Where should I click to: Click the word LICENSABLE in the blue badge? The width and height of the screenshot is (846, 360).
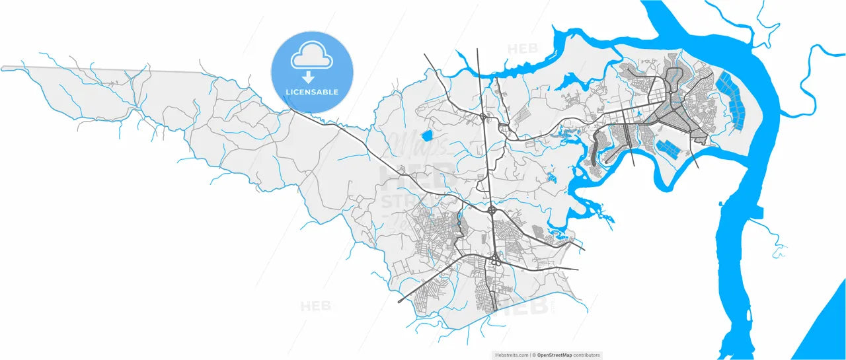click(x=312, y=92)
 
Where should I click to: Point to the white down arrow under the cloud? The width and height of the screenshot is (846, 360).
click(x=308, y=77)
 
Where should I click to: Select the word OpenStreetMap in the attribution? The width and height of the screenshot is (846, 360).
click(x=554, y=355)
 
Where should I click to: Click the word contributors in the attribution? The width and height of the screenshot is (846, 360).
click(x=586, y=355)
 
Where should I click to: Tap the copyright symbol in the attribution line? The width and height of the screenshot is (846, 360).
click(x=535, y=355)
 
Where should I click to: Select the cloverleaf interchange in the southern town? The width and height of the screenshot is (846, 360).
click(x=494, y=260)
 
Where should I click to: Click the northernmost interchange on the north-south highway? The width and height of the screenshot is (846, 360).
click(x=484, y=118)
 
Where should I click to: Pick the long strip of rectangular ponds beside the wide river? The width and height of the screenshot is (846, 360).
click(x=731, y=99)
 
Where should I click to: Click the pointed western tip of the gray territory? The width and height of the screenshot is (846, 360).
click(x=4, y=68)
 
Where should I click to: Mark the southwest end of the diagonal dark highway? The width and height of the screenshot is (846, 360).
click(x=399, y=302)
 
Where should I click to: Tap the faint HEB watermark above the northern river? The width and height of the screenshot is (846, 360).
click(x=523, y=48)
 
